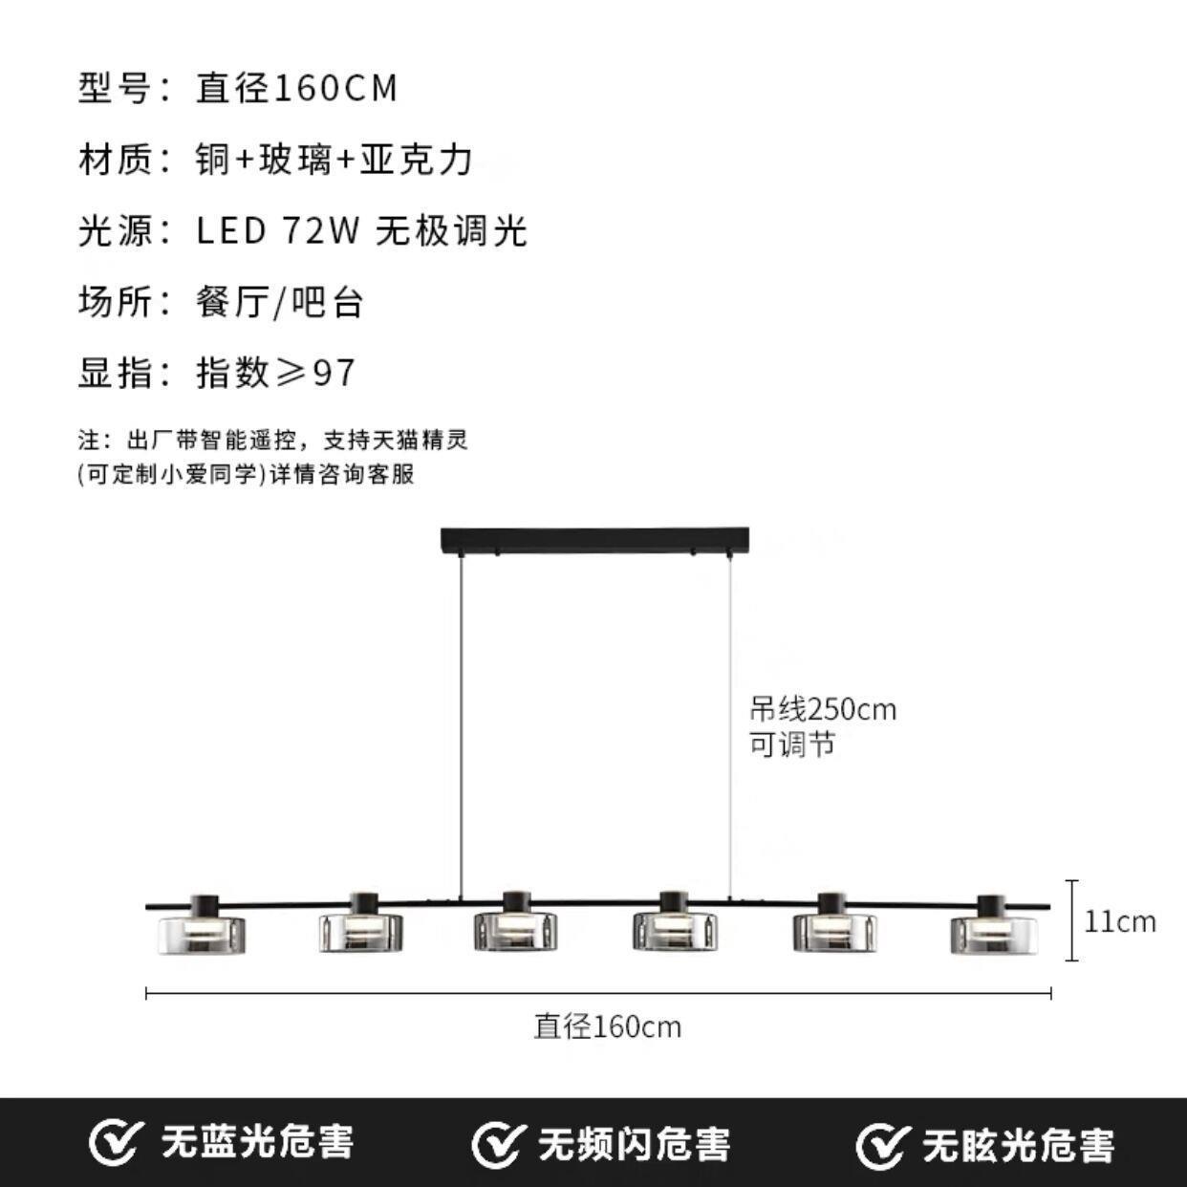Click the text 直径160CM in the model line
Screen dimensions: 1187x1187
tap(296, 88)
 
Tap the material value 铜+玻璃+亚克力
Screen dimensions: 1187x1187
tap(335, 160)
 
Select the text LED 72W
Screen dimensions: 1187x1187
tap(277, 231)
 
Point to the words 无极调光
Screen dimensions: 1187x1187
tap(451, 231)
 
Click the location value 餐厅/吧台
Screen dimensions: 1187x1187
tap(280, 302)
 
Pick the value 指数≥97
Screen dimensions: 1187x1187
tap(276, 373)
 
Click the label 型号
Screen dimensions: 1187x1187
tap(115, 88)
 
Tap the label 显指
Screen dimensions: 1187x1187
tap(115, 373)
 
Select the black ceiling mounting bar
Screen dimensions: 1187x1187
tap(594, 540)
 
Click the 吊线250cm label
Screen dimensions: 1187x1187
tap(823, 710)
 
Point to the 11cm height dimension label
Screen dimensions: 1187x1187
tap(1119, 922)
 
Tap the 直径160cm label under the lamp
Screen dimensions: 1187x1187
tap(608, 1026)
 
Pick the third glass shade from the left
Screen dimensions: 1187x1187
tap(517, 931)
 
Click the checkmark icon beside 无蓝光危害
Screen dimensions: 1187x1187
tap(114, 1143)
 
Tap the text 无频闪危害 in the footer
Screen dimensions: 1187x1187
tap(634, 1144)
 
